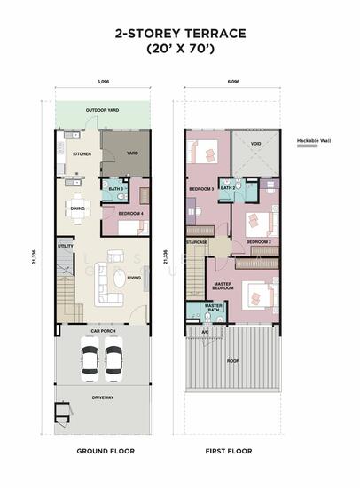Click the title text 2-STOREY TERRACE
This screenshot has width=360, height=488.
[x=179, y=33]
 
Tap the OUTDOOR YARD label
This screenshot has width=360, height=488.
[x=102, y=110]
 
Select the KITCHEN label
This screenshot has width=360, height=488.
[x=81, y=153]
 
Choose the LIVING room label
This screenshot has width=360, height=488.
[x=134, y=279]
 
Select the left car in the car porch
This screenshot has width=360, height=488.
[x=90, y=359]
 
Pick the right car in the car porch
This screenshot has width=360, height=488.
[x=113, y=359]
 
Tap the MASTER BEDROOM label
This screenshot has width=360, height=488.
[x=223, y=287]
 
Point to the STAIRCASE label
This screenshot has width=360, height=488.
[x=197, y=241]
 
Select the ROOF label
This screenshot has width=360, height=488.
[x=234, y=361]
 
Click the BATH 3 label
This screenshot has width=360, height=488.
[x=115, y=189]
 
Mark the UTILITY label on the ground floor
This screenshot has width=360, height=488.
[x=66, y=246]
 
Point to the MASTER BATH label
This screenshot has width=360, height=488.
[x=213, y=308]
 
